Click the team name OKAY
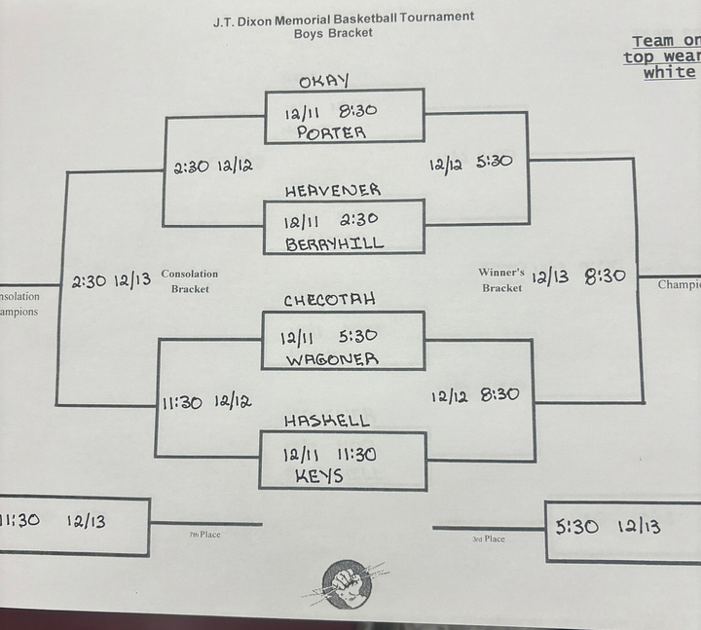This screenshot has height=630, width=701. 324,81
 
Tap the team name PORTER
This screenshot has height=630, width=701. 331,132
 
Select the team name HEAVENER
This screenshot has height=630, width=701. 333,191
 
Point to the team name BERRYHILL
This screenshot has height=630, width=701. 335,243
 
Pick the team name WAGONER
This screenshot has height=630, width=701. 332,359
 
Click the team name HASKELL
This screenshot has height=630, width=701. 327,421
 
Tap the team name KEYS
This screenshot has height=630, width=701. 318,477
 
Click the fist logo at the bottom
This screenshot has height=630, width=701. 346,583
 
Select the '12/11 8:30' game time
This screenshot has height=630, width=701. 331,112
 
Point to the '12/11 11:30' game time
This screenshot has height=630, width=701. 330,454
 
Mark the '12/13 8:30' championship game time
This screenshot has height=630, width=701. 578,277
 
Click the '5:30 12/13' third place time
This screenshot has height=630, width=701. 608,527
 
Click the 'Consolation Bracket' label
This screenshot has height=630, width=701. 190,281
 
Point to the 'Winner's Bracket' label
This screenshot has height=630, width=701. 501,279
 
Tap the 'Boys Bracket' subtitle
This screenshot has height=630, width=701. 333,33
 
